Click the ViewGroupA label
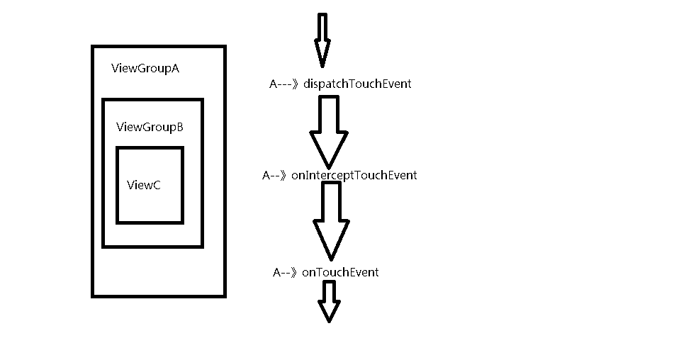[x=145, y=68]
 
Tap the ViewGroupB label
[x=150, y=127]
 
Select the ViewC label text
[x=144, y=185]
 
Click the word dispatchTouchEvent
[x=357, y=84]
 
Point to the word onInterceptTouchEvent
[x=354, y=175]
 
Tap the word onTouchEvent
[x=339, y=272]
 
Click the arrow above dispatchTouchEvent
[x=322, y=40]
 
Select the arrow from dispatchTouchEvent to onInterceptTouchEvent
[x=329, y=132]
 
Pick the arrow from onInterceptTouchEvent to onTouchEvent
[x=331, y=221]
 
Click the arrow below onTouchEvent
[x=329, y=301]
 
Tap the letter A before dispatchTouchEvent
[x=274, y=84]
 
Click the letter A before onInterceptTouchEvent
[x=266, y=175]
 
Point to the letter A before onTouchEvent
[x=276, y=272]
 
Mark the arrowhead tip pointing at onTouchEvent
[x=331, y=260]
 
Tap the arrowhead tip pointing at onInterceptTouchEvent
[x=329, y=169]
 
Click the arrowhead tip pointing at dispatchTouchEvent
[x=322, y=67]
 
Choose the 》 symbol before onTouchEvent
[x=294, y=272]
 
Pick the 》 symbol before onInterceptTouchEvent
[x=283, y=175]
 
